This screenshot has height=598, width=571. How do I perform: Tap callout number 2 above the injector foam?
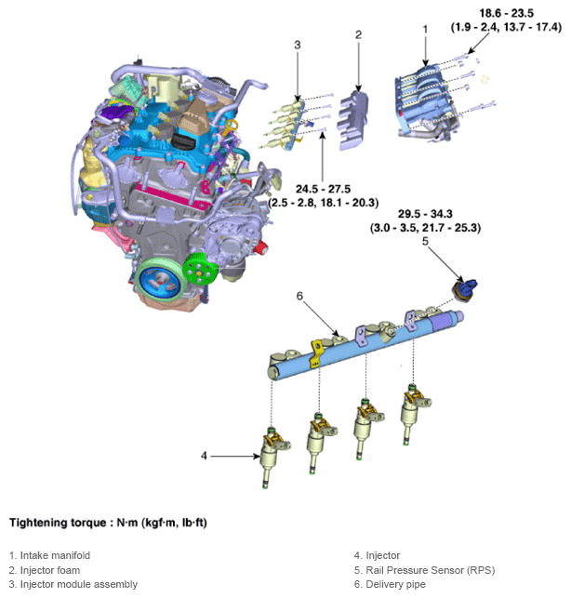(358, 35)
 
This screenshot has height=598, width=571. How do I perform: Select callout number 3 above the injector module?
(297, 46)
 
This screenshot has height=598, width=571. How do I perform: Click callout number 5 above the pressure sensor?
(425, 241)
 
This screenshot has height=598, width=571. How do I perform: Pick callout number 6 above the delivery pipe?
(299, 296)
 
